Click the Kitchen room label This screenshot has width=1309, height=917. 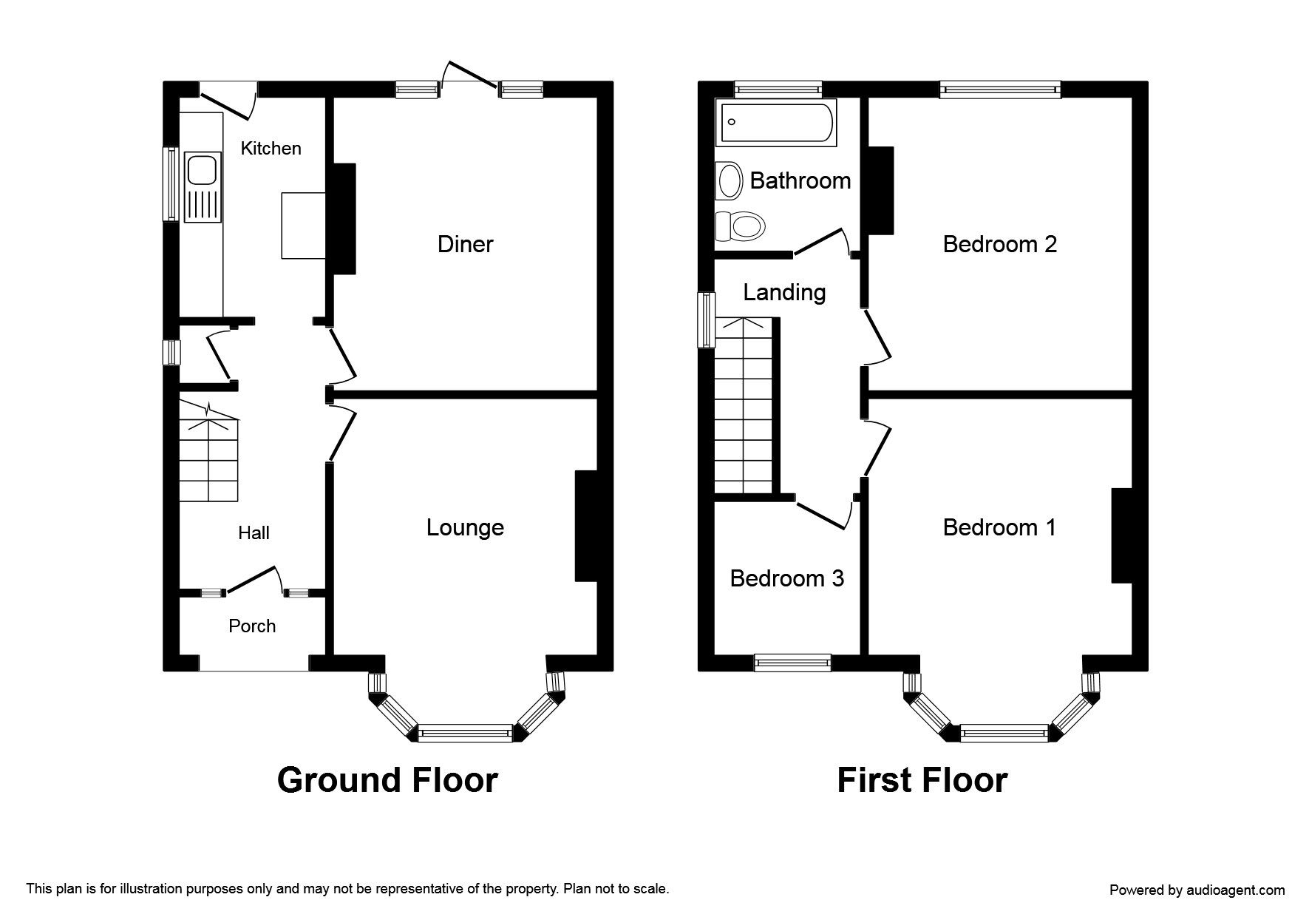pyautogui.click(x=271, y=149)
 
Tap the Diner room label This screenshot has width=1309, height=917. pyautogui.click(x=465, y=244)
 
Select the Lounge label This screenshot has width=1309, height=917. pyautogui.click(x=465, y=527)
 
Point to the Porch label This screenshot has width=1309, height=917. pyautogui.click(x=252, y=626)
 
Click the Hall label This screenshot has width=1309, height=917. pyautogui.click(x=254, y=532)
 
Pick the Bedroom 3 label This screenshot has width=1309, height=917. pyautogui.click(x=786, y=578)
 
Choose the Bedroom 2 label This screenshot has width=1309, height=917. pyautogui.click(x=999, y=244)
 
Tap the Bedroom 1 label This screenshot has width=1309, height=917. pyautogui.click(x=999, y=527)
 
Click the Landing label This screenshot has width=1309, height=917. pyautogui.click(x=784, y=293)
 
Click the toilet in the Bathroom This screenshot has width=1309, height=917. pyautogui.click(x=739, y=226)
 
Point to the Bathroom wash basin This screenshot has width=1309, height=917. pyautogui.click(x=730, y=180)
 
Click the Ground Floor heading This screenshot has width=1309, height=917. pyautogui.click(x=387, y=780)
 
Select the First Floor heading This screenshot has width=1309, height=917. pyautogui.click(x=922, y=780)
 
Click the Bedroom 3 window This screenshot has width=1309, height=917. pyautogui.click(x=792, y=663)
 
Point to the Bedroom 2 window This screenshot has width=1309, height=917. pyautogui.click(x=1001, y=89)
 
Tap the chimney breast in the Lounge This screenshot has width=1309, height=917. pyautogui.click(x=585, y=526)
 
